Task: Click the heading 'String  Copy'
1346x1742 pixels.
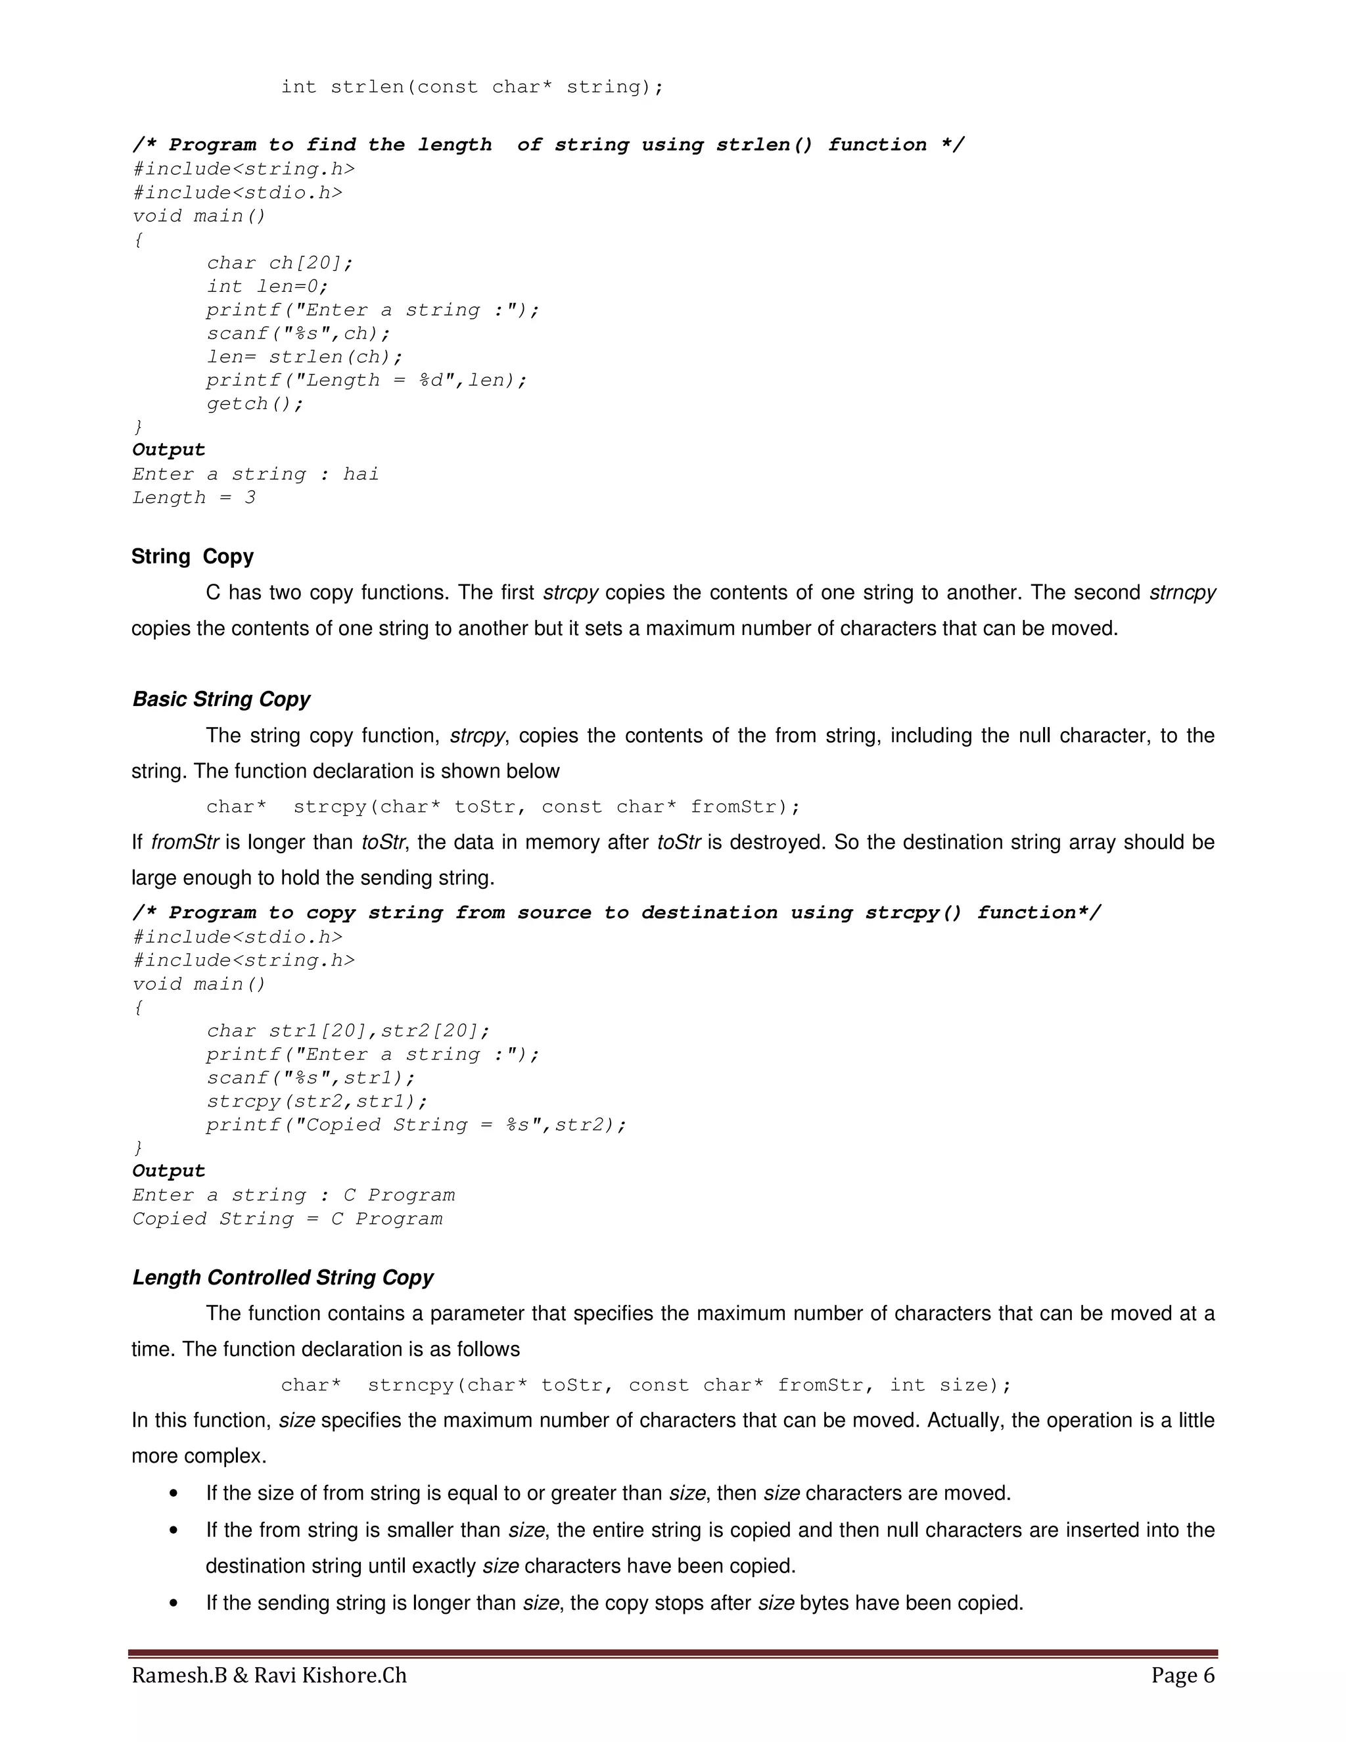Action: (192, 556)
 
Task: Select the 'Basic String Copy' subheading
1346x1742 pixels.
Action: (221, 699)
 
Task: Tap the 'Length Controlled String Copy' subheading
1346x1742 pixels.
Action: (282, 1277)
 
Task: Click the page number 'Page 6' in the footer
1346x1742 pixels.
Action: (1182, 1675)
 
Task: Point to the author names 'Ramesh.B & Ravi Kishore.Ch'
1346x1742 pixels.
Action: (269, 1675)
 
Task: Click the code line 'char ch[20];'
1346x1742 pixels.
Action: (279, 263)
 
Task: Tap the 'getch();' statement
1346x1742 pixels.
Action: (255, 404)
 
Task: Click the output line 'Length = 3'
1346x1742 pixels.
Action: (194, 498)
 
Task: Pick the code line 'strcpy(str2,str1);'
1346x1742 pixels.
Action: (317, 1102)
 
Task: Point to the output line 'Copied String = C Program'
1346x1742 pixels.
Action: (287, 1219)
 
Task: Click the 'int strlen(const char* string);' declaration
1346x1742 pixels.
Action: (472, 87)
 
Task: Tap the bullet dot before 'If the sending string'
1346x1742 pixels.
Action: (174, 1603)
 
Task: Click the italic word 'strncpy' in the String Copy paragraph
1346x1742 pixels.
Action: (1182, 593)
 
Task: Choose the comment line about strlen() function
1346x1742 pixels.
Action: (548, 145)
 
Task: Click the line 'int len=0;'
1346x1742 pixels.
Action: (267, 287)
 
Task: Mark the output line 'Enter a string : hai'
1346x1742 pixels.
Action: (255, 475)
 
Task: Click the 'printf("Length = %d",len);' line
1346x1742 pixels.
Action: (367, 381)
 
